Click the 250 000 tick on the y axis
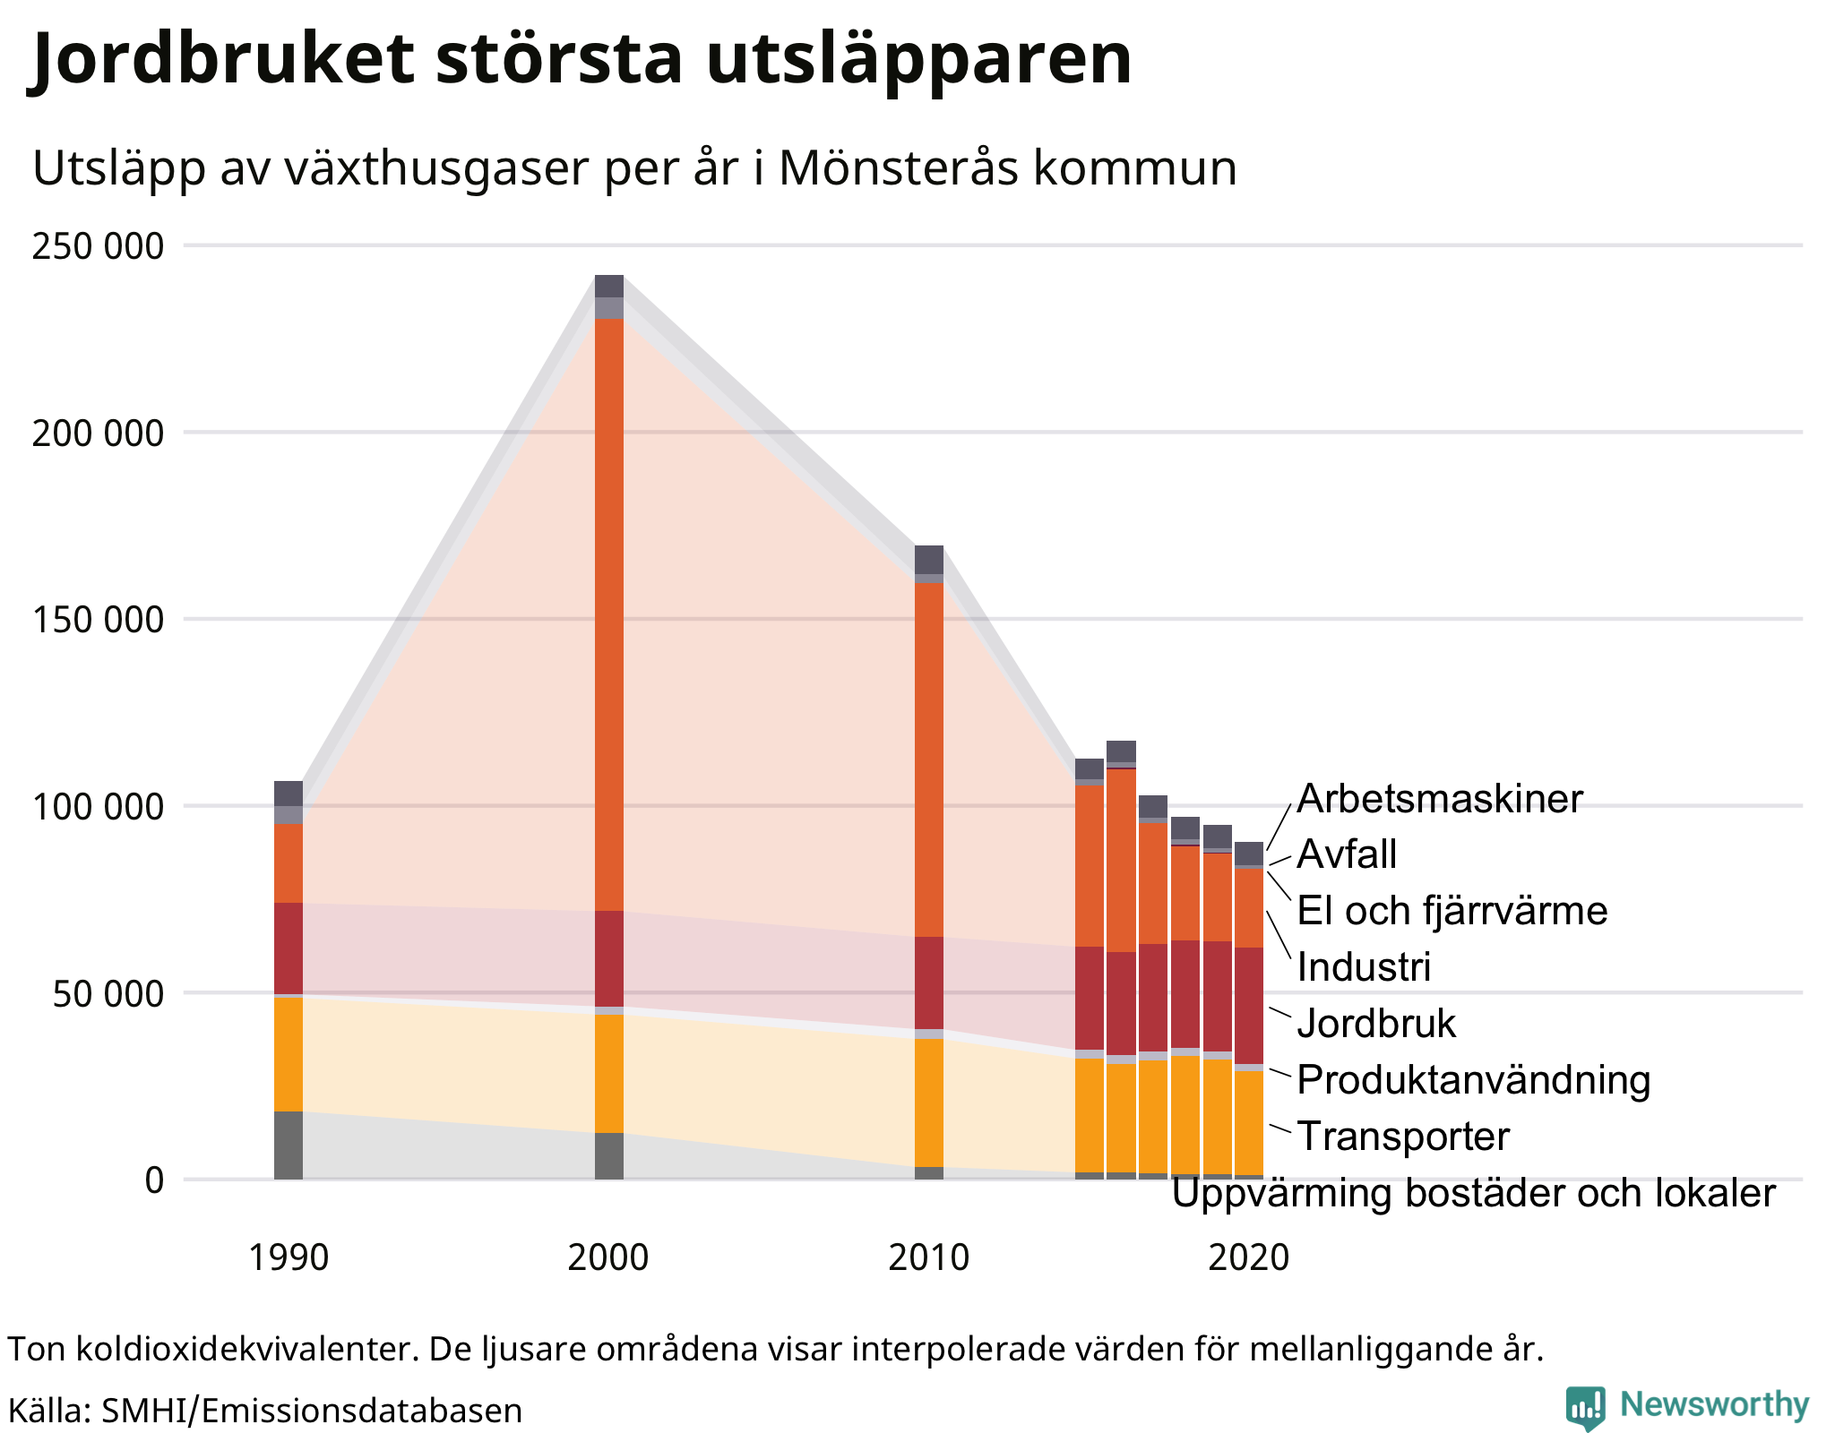98,246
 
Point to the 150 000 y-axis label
98,620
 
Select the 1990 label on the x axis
288,1257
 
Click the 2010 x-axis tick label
928,1257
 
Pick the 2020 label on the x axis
1248,1257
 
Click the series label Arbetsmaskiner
1439,799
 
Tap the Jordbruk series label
1376,1024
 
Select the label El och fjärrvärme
1452,911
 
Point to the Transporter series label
1403,1137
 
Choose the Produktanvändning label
1473,1080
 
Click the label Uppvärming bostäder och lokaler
1473,1193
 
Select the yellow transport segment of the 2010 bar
929,1102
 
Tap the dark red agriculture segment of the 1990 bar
289,948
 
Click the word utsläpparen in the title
918,59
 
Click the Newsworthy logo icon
1585,1407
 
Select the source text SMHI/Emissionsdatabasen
311,1411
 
